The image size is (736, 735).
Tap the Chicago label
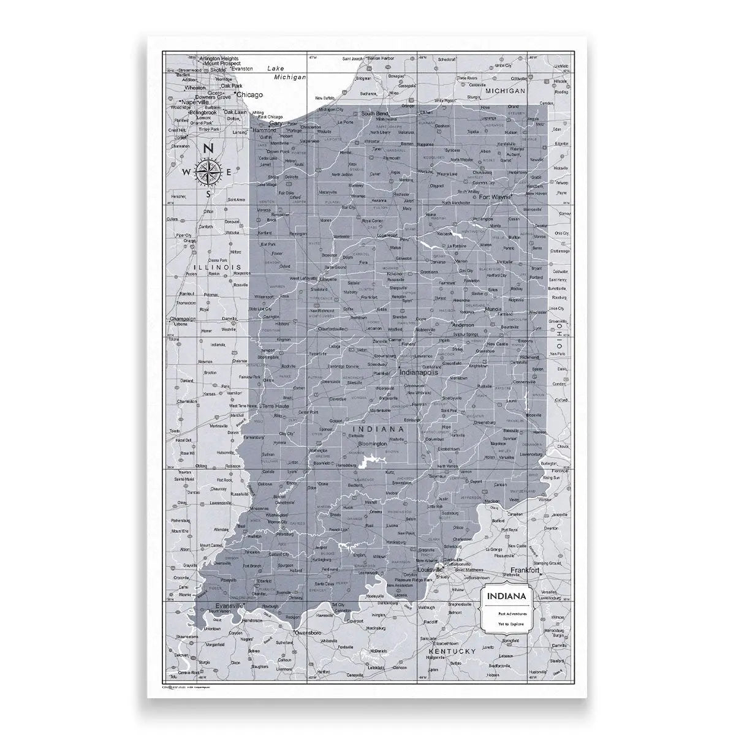(249, 95)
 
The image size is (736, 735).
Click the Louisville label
(429, 570)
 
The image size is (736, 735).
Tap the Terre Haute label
(276, 406)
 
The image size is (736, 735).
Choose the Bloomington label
(372, 443)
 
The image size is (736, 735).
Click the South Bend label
(374, 114)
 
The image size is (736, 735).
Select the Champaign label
(182, 319)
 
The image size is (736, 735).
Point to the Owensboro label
(308, 631)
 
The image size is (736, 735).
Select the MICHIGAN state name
(506, 91)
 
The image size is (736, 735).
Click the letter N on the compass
(208, 148)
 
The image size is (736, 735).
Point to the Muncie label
(493, 309)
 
